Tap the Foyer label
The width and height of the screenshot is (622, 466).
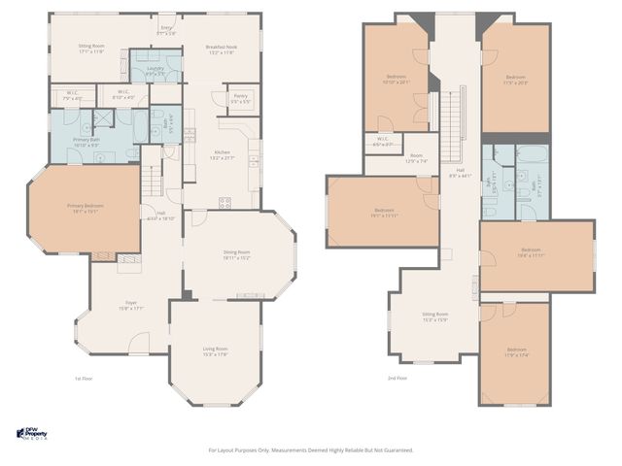[x=130, y=307]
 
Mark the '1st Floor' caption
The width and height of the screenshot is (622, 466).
[x=85, y=378]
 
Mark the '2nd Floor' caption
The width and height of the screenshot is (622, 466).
[x=397, y=378]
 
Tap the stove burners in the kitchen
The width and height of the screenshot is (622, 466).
[x=225, y=202]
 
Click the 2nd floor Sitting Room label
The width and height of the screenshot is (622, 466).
[x=434, y=316]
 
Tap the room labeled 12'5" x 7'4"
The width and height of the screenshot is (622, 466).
[x=416, y=158]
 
